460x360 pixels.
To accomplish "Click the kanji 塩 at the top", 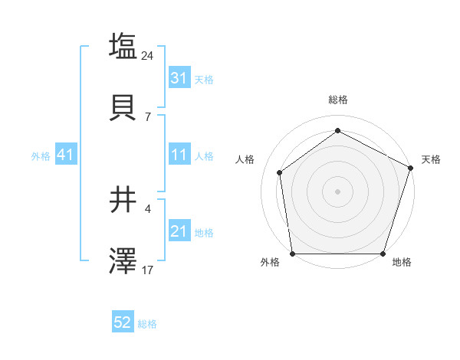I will (123, 46).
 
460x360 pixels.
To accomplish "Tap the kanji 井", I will (123, 201).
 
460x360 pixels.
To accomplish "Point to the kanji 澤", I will (123, 261).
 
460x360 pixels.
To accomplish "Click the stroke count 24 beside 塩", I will (148, 55).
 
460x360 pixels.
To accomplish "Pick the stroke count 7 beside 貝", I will (148, 116).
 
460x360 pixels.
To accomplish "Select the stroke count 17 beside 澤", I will (148, 270).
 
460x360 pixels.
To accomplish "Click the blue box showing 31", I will (179, 78).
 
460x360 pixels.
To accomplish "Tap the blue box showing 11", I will (179, 155).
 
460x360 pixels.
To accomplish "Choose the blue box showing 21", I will (179, 231).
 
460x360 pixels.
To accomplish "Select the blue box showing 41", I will (65, 155).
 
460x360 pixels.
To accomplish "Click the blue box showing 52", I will (123, 323).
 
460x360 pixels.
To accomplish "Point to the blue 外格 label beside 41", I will (41, 155).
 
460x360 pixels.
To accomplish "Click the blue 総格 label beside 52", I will (147, 324).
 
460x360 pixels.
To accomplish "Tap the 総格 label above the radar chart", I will (338, 100).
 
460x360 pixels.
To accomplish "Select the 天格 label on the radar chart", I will (431, 159).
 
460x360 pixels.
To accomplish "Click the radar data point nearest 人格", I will (280, 172).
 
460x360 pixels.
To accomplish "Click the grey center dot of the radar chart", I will (338, 191).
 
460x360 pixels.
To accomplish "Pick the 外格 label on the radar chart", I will (270, 263).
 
